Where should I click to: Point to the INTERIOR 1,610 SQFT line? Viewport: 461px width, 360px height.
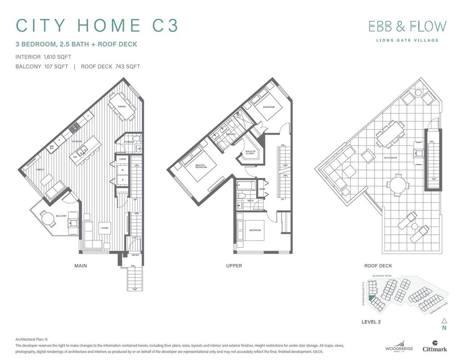(43, 57)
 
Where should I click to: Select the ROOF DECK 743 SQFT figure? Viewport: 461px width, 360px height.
(110, 67)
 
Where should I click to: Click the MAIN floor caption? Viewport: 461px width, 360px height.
(81, 266)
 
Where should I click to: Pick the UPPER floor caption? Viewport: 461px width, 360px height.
(234, 266)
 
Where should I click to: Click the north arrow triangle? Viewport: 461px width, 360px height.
(444, 321)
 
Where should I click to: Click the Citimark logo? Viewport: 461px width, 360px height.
(434, 346)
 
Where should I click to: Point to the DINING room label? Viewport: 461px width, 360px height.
(122, 107)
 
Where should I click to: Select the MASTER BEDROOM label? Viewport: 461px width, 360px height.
(200, 166)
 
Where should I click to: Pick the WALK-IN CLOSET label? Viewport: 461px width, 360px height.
(249, 152)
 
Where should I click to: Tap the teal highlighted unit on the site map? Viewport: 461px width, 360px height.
(371, 297)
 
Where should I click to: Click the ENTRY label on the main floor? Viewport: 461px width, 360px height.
(135, 255)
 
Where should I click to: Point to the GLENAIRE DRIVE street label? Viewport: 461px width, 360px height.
(381, 275)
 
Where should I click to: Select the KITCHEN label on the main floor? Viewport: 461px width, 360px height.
(76, 141)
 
